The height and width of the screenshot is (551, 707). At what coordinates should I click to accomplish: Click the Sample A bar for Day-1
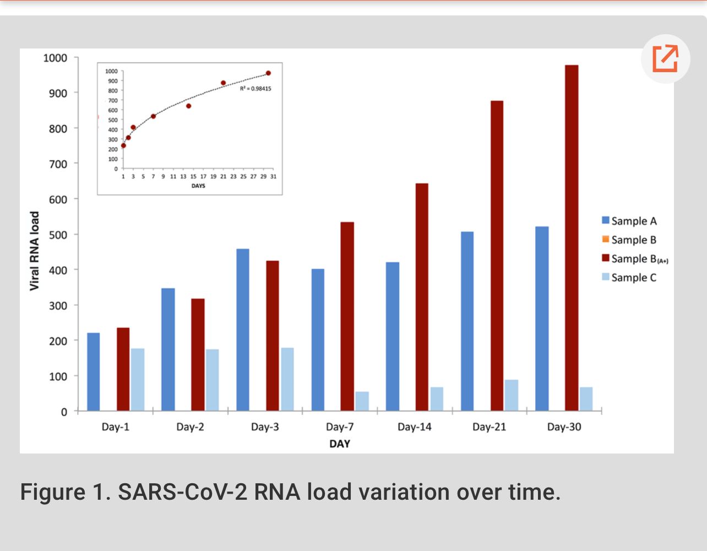tap(94, 372)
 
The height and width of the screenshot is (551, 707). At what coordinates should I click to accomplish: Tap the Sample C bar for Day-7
tap(362, 401)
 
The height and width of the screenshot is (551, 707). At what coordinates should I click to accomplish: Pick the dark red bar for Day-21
tap(497, 256)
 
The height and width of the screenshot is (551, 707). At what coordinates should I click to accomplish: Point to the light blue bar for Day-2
tap(213, 380)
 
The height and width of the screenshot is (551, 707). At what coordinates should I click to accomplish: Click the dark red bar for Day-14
tap(422, 297)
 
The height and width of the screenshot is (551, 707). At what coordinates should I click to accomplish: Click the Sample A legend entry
tap(629, 221)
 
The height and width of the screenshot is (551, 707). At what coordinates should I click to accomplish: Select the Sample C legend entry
tap(629, 278)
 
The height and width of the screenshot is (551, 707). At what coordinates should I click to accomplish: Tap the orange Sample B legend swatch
tap(606, 240)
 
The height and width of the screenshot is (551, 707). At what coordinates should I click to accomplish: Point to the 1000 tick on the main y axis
tap(55, 58)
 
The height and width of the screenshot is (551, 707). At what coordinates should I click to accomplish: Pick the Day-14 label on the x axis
tap(415, 427)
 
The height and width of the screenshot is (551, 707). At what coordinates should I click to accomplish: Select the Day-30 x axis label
tap(564, 427)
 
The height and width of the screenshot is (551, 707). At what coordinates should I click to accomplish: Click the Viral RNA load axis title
tap(34, 251)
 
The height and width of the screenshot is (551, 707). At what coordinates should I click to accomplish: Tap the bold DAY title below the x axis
tap(340, 444)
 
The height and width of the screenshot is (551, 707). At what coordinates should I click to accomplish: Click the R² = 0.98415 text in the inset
tap(255, 89)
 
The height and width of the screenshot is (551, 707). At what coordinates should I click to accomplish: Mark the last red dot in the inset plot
tap(268, 73)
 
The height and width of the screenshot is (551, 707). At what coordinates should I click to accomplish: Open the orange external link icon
tap(665, 59)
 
